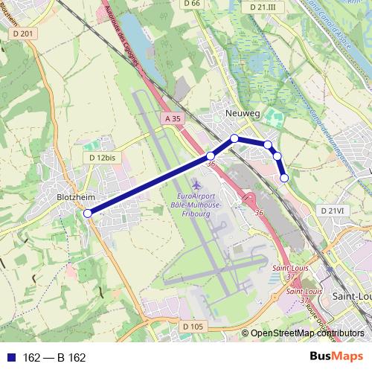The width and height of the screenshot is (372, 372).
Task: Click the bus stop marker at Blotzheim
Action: tap(88, 214)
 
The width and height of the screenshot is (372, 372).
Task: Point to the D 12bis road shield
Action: tap(103, 158)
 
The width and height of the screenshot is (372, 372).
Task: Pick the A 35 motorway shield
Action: tap(173, 118)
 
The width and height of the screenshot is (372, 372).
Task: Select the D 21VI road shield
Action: tap(333, 211)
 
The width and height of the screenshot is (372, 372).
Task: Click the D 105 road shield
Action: tap(192, 326)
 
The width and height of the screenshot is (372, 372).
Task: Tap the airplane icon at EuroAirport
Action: tap(196, 183)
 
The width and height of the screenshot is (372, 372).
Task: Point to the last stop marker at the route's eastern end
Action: tap(284, 178)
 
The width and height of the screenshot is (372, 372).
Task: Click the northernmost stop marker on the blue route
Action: tap(234, 138)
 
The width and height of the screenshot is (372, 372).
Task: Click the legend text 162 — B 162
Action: tap(55, 358)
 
